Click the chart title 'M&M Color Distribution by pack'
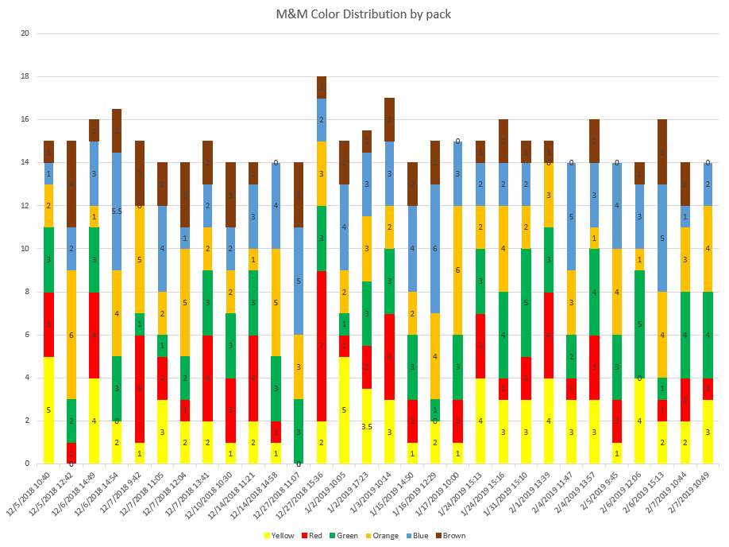[364, 14]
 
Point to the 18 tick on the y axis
[25, 77]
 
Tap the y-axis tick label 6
[27, 335]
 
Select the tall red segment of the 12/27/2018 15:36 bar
[322, 346]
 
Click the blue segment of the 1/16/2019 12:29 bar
[436, 249]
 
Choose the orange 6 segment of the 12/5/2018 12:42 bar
[71, 335]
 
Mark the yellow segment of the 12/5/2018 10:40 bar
[49, 410]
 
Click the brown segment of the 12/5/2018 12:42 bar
[71, 184]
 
